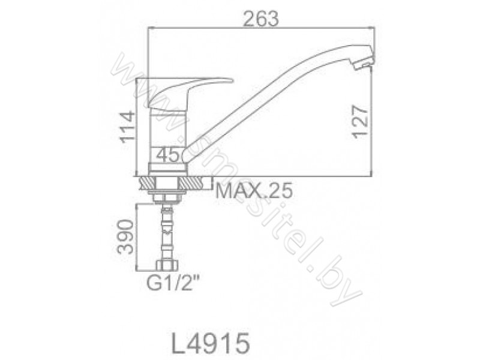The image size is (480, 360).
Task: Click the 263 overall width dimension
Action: tap(260, 19)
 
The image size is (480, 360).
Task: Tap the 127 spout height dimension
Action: tap(360, 122)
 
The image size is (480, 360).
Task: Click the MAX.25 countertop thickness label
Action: tap(254, 191)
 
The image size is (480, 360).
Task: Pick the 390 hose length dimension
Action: tap(125, 236)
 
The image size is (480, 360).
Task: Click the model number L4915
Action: tap(211, 343)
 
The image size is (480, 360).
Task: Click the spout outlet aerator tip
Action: tap(364, 61)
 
